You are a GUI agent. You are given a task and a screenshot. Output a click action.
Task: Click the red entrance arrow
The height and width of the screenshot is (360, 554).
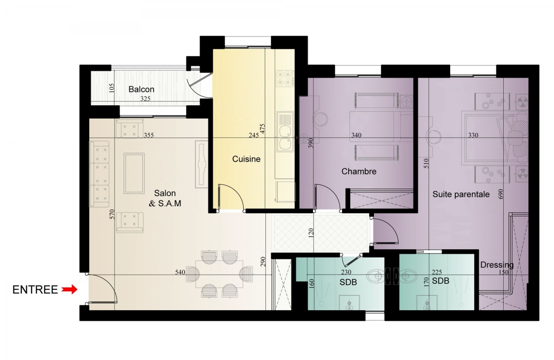tap(70, 289)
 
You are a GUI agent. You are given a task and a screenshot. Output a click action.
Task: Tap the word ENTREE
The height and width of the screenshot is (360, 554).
tap(35, 290)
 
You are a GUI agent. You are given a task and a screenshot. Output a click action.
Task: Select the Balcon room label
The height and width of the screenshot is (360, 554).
tap(141, 89)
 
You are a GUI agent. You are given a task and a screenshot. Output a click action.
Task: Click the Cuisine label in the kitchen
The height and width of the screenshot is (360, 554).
tap(247, 159)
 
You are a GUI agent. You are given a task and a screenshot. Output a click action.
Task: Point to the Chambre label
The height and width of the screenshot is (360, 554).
tap(359, 171)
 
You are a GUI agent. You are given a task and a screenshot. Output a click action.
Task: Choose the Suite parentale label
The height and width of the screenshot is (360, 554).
tap(461, 194)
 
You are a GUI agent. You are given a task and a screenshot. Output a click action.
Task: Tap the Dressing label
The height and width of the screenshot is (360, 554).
tap(497, 265)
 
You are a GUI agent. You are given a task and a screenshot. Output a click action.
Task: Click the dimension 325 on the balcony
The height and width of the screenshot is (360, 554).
tap(145, 99)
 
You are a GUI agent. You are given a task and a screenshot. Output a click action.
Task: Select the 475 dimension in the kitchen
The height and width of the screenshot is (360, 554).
tap(262, 129)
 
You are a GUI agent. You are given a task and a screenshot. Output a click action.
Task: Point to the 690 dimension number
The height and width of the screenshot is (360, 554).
tap(501, 194)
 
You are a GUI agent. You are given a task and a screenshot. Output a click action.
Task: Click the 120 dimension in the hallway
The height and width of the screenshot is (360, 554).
tap(311, 233)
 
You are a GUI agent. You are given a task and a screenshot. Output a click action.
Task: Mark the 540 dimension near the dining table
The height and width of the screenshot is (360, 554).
tap(180, 272)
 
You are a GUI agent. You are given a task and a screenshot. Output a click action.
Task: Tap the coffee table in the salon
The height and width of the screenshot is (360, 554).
tap(134, 173)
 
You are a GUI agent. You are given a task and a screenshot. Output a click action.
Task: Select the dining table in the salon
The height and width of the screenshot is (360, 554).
tap(219, 274)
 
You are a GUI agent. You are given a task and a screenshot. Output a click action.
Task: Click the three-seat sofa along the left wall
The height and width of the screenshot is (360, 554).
tap(99, 174)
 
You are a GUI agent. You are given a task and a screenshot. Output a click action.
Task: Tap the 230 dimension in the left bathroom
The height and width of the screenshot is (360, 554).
tap(346, 272)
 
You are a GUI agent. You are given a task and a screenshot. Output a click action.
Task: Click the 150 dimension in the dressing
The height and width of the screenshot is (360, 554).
tap(504, 272)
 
